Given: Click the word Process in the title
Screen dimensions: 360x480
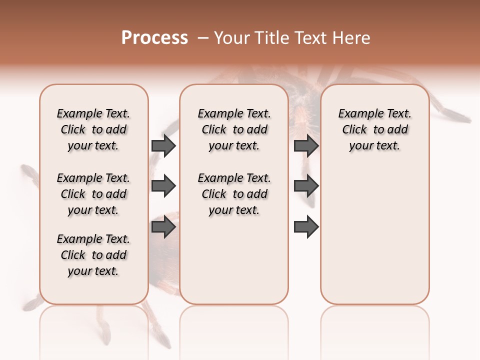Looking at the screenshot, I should [x=154, y=38].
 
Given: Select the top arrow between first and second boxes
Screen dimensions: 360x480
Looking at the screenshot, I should [x=163, y=145].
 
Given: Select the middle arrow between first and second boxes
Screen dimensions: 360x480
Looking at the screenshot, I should [x=163, y=186].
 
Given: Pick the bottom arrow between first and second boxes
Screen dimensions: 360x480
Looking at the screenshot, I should [x=163, y=227].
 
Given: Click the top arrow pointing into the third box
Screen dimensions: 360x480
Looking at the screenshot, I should [x=306, y=145].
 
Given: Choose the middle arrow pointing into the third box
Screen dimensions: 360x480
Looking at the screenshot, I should [x=306, y=186].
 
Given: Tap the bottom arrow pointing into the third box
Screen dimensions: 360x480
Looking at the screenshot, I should [x=306, y=227].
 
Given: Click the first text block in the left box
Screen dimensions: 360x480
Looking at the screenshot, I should [x=93, y=129].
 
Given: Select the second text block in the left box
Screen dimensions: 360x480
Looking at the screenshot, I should [x=93, y=194].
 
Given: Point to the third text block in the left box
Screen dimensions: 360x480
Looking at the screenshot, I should [x=93, y=255].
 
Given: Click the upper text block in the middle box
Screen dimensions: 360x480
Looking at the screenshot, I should [x=234, y=129].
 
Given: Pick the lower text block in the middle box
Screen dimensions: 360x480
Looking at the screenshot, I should [x=234, y=194].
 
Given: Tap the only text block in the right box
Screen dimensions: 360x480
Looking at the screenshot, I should [x=374, y=129].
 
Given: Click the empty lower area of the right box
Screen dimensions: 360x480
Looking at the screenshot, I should [x=374, y=235].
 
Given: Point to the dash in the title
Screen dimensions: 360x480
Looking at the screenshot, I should [x=203, y=38].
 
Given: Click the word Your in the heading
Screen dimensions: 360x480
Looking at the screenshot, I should [x=231, y=38].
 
